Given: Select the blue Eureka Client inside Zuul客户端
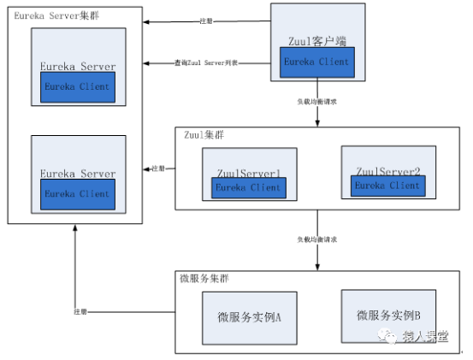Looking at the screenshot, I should point(317,62).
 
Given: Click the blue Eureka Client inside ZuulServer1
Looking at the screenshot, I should point(247,187).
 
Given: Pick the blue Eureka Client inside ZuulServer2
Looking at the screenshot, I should point(387,185).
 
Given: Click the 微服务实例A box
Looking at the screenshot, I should point(249,316).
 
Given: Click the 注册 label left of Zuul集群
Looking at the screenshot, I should point(158,168).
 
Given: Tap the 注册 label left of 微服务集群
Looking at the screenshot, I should point(80,311).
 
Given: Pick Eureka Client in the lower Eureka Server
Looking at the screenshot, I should point(78,193).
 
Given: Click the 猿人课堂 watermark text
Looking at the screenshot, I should point(424,335).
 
